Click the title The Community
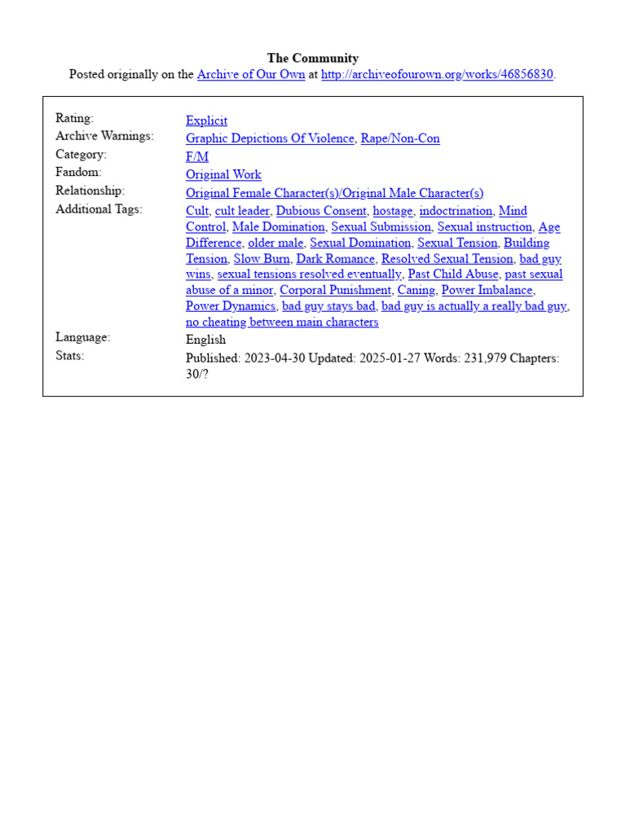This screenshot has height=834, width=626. click(x=313, y=58)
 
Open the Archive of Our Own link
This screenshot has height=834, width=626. click(x=251, y=74)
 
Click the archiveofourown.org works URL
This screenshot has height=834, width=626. click(x=437, y=74)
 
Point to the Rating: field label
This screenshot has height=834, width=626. click(x=74, y=118)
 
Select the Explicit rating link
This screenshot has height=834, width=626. click(x=206, y=121)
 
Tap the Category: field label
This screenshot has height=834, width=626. click(x=81, y=154)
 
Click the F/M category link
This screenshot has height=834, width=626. click(x=197, y=156)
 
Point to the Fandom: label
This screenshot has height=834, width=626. click(x=78, y=172)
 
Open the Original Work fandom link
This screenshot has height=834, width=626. click(x=223, y=174)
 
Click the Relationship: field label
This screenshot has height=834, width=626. click(x=90, y=191)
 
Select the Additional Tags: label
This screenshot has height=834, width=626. click(x=99, y=208)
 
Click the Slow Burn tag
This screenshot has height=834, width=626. click(x=262, y=258)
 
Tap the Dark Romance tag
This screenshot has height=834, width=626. click(x=336, y=258)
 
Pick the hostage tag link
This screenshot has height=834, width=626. click(x=393, y=211)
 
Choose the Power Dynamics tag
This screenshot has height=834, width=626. click(x=231, y=305)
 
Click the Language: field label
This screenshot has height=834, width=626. click(x=82, y=336)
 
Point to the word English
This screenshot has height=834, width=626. click(x=205, y=340)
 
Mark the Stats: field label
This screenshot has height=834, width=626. click(x=70, y=355)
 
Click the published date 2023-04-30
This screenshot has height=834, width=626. click(x=272, y=358)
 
